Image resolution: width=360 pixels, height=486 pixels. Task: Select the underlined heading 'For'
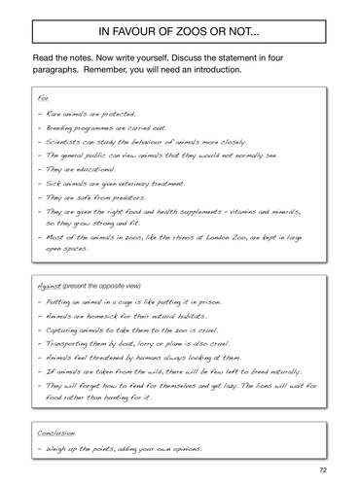pos(42,97)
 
